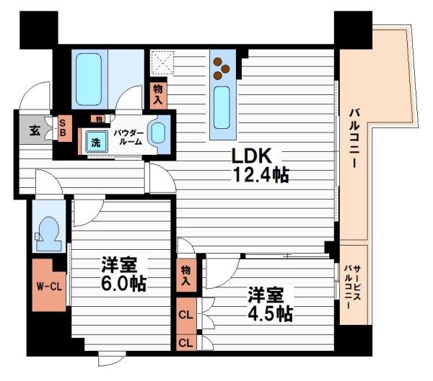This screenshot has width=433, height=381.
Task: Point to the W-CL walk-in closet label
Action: (x=49, y=285)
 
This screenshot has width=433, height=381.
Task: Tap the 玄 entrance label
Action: (x=33, y=131)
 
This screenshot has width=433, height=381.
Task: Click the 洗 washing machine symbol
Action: (x=95, y=142)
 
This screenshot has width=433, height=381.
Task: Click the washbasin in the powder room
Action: (x=158, y=134)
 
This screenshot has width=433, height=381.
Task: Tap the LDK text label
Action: (x=250, y=155)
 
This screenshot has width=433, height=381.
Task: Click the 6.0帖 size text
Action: (x=123, y=283)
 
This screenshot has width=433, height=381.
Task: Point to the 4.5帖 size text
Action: (x=271, y=314)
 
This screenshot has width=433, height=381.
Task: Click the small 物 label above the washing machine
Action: (x=97, y=118)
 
